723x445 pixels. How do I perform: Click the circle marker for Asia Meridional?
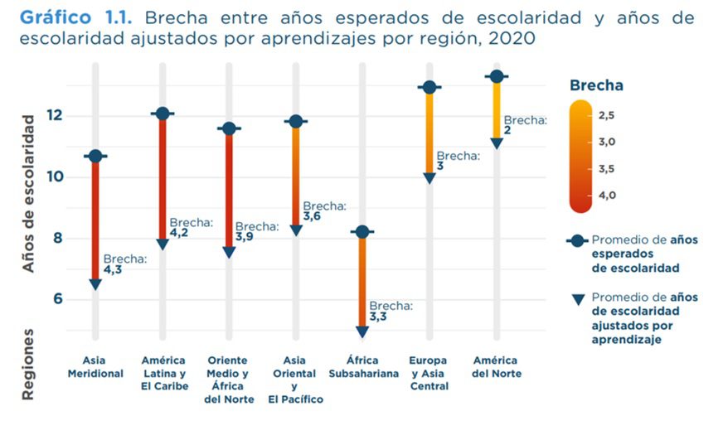click(x=95, y=156)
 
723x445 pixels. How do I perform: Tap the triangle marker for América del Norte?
click(x=496, y=143)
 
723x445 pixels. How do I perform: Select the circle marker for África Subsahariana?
click(x=362, y=232)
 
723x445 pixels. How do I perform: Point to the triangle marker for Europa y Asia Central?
click(x=429, y=178)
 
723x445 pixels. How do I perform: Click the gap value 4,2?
click(x=179, y=235)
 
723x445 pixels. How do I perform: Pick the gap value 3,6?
click(x=312, y=216)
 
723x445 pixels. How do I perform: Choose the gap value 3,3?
click(x=379, y=317)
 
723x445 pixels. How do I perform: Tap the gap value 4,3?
click(x=113, y=270)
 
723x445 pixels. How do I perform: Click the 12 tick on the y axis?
click(x=55, y=115)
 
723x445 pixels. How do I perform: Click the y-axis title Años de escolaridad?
click(x=29, y=194)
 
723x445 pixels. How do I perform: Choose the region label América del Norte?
click(x=495, y=367)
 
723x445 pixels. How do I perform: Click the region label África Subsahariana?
click(x=362, y=367)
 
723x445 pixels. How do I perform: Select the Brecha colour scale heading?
click(x=597, y=85)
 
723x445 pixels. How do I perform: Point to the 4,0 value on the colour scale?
click(x=607, y=196)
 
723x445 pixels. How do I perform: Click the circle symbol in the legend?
click(x=576, y=240)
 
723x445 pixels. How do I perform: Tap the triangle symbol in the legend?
click(x=576, y=297)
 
